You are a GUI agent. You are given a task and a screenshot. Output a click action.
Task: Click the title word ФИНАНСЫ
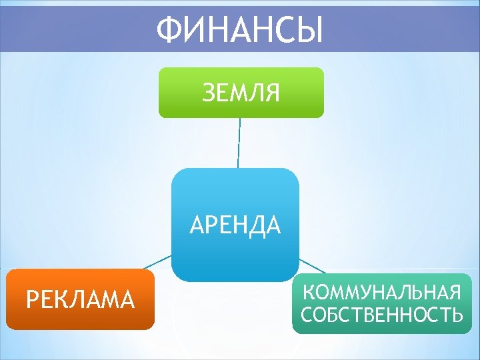click(240, 30)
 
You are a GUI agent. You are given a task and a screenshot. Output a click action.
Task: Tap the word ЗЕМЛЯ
click(241, 93)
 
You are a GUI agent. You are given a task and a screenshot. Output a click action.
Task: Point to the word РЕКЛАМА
click(80, 299)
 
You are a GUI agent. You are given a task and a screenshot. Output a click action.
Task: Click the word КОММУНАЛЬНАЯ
click(382, 292)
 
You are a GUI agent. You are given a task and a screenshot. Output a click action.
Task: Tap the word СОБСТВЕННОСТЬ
click(382, 315)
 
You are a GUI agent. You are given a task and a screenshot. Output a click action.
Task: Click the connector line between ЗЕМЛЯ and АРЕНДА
click(239, 143)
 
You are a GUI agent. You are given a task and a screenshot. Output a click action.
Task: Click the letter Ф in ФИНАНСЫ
click(169, 30)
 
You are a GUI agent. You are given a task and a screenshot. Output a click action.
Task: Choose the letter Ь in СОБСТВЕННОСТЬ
click(457, 315)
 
